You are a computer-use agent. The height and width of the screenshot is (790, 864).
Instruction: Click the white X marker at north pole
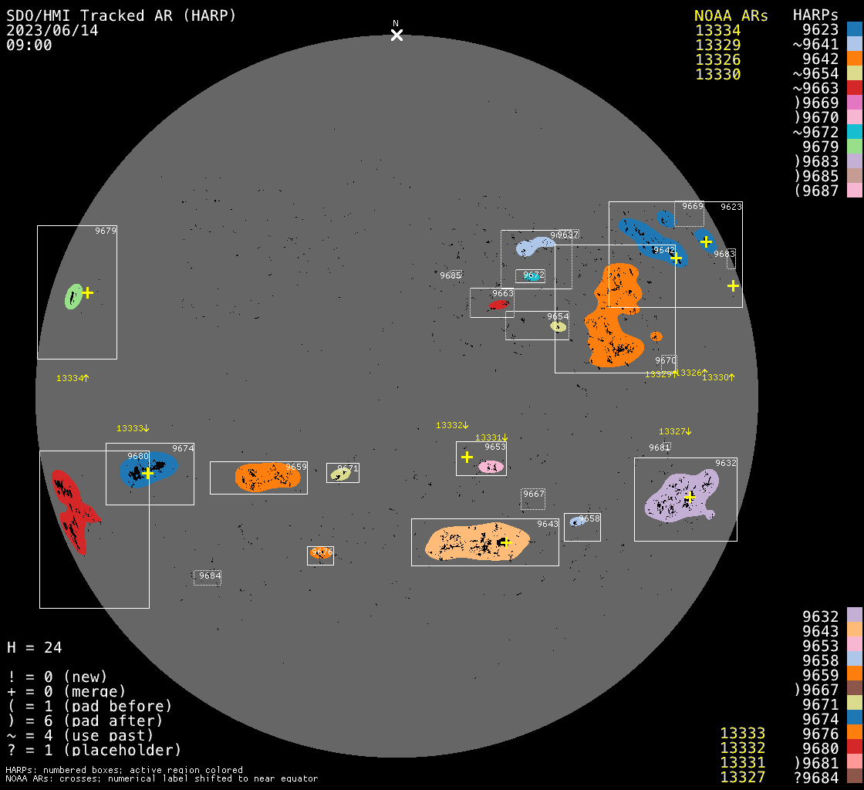coord(397,35)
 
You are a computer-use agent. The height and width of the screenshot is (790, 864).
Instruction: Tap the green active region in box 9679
coord(73,296)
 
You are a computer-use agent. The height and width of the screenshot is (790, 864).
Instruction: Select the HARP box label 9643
coord(548,525)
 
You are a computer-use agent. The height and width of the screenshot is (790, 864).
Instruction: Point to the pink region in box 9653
coord(491,467)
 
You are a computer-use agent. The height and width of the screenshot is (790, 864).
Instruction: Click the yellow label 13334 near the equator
coord(73,378)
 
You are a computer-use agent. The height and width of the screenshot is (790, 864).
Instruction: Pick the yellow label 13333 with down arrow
coord(133,428)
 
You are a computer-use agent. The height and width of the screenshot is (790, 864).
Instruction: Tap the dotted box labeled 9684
coord(208,577)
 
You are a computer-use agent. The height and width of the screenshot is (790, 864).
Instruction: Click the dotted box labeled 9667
coord(533,498)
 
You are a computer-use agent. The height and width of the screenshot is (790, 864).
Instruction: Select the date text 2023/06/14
coord(52,30)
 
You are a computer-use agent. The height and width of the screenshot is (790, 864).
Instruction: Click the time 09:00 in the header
coord(29,45)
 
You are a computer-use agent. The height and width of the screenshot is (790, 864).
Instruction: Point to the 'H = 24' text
coord(35,647)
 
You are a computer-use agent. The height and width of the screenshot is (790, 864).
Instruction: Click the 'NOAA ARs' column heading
coord(731,15)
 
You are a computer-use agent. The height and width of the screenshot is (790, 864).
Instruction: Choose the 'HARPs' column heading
coord(815,15)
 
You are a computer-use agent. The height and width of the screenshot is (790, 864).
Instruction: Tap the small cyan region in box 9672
coord(532,277)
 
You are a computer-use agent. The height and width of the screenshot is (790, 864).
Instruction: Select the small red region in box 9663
coord(498,306)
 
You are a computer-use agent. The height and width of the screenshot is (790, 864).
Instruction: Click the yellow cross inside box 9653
coord(467,457)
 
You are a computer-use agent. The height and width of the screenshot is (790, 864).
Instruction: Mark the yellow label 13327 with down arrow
coord(675,431)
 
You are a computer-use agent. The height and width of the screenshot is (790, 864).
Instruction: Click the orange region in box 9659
coord(266,477)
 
